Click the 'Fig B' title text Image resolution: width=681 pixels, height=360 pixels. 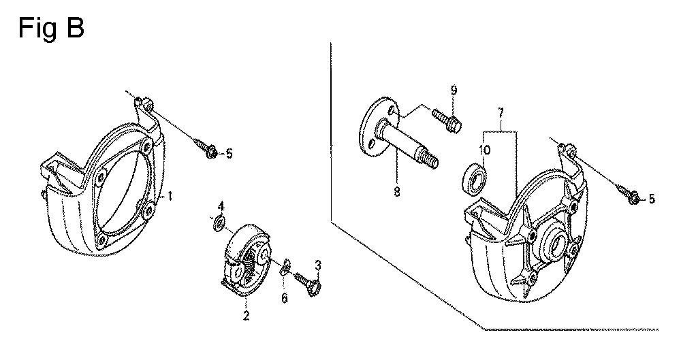pyautogui.click(x=51, y=29)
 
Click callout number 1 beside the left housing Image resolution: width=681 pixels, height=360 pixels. pyautogui.click(x=170, y=196)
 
